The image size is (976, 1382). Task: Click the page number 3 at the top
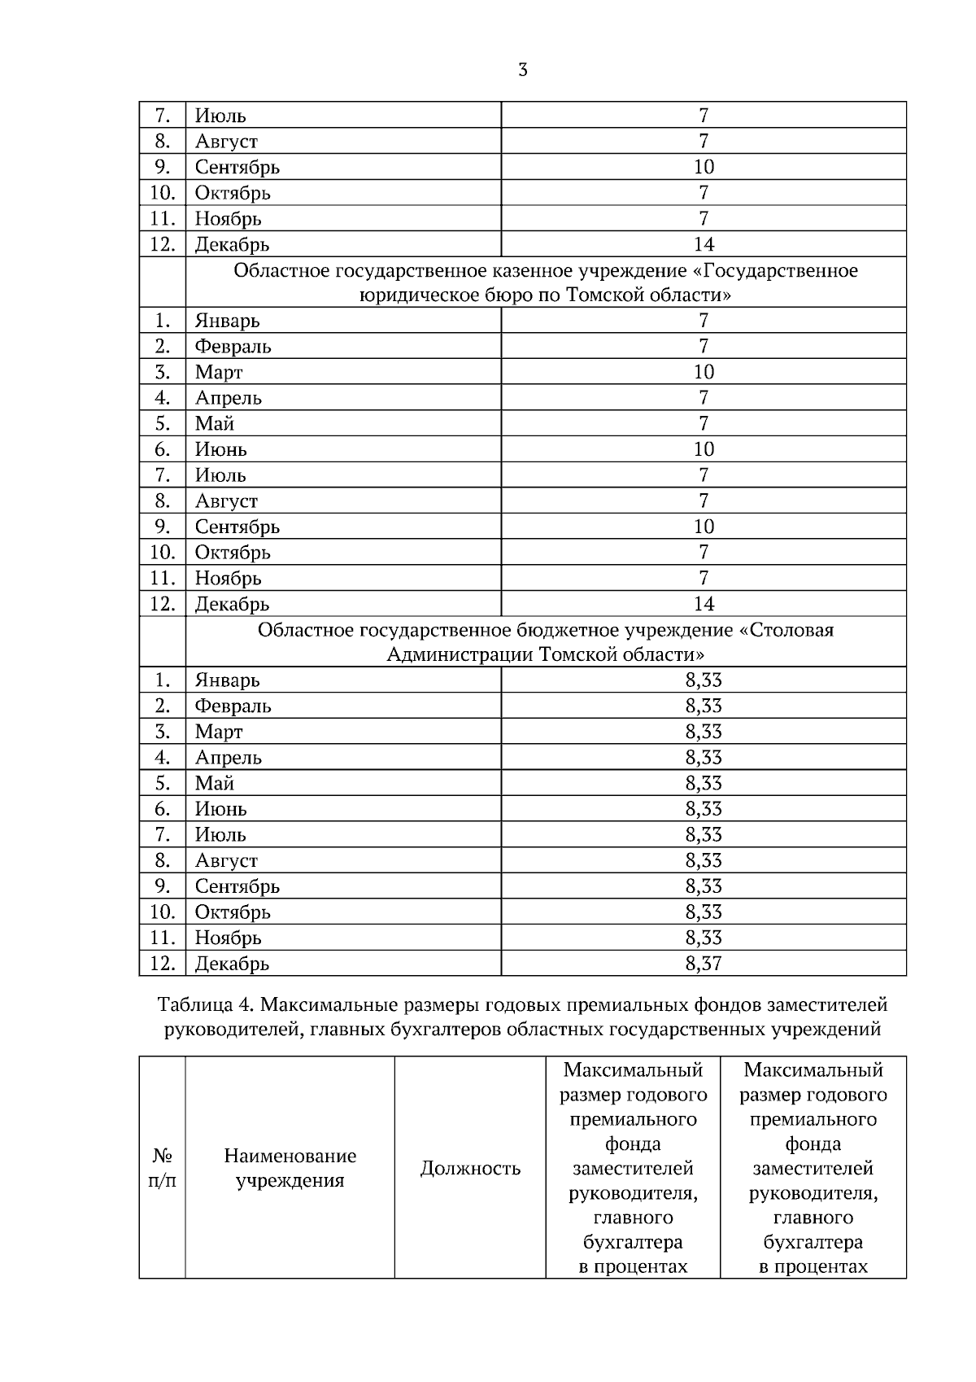click(522, 70)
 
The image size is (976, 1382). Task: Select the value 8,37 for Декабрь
click(704, 964)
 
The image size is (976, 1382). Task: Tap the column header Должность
click(470, 1169)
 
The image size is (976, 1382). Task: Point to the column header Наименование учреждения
click(290, 1168)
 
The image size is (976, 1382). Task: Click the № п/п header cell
click(162, 1168)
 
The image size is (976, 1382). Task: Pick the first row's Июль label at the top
click(220, 116)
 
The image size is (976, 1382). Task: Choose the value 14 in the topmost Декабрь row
click(704, 244)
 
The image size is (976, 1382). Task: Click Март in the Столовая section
click(219, 732)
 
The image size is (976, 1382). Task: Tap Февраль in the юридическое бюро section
click(233, 347)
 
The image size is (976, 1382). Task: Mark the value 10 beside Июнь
click(704, 449)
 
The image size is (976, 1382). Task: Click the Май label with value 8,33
click(215, 784)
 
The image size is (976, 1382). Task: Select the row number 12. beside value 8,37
click(162, 964)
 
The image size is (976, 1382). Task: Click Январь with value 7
click(227, 321)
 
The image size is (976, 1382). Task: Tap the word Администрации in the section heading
click(460, 655)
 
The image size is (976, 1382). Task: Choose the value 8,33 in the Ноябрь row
click(704, 938)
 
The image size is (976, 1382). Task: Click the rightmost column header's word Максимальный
click(813, 1069)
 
